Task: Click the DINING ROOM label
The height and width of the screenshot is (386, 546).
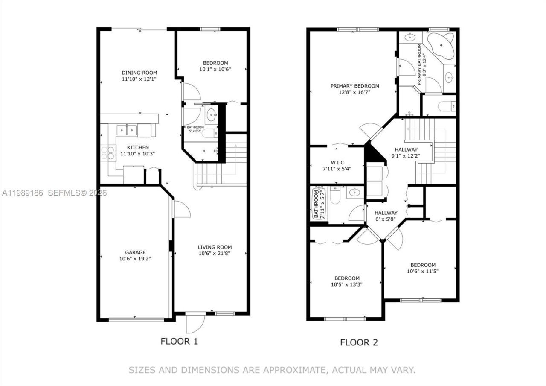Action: coord(139,73)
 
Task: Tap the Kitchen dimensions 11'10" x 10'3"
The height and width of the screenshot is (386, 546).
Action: coord(137,154)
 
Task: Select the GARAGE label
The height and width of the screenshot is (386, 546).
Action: coord(135,252)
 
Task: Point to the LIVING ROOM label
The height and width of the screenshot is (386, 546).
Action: coord(215,247)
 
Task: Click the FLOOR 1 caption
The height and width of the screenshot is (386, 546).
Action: coord(179,341)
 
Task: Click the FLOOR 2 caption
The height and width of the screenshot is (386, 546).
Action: coord(359,342)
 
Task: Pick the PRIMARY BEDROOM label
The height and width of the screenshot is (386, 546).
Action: coord(354,86)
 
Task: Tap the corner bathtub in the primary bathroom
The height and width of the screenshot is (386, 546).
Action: coord(441,45)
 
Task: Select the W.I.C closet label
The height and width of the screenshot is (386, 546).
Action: coord(337,162)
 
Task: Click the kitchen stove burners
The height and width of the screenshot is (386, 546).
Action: coord(108,153)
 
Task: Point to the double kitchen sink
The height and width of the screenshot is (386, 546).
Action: coord(127,129)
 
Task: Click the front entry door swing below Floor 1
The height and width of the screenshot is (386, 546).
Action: coord(195,323)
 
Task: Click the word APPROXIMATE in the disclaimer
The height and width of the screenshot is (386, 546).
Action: coord(291,370)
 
